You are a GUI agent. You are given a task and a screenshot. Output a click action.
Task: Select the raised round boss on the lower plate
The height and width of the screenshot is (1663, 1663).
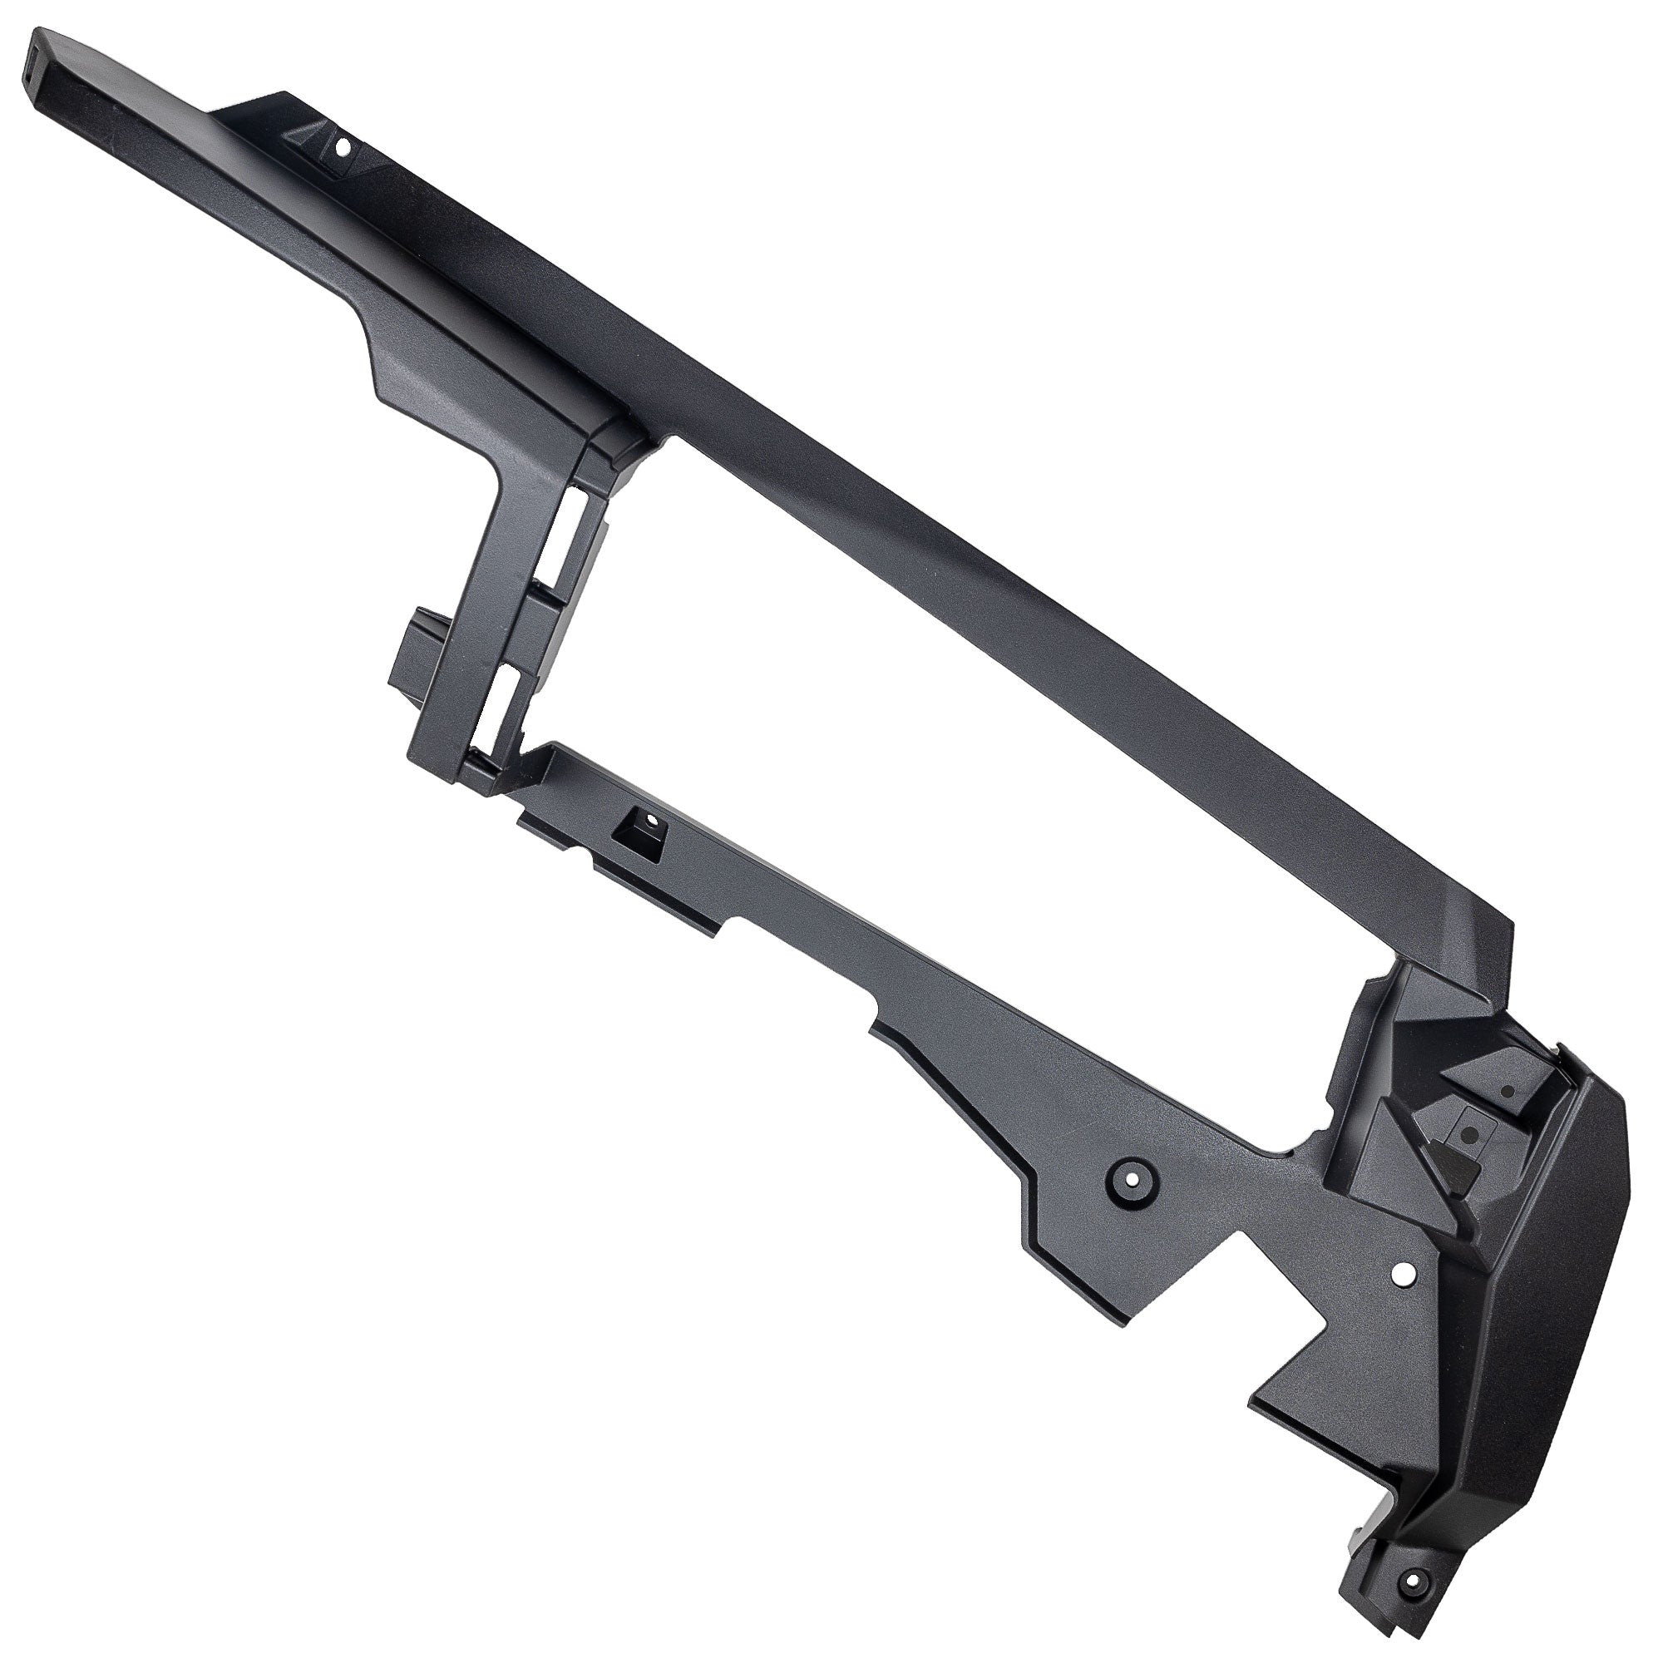(x=1128, y=1177)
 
